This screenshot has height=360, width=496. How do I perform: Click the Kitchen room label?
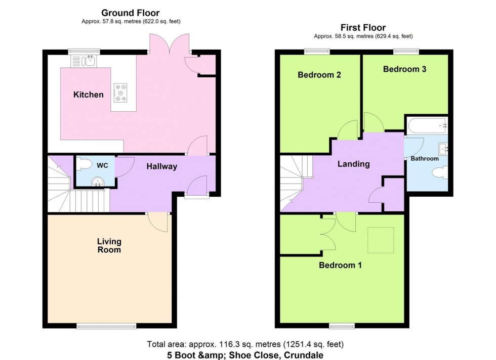[x=89, y=95]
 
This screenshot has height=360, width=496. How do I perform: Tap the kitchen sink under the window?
[x=84, y=61]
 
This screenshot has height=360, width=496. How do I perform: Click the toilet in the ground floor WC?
[x=86, y=164]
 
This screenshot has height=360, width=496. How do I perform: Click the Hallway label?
[x=162, y=166]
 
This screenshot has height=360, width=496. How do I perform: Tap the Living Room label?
[x=109, y=246]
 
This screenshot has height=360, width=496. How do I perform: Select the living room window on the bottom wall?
[x=107, y=326]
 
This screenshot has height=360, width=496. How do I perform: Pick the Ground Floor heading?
[x=131, y=13]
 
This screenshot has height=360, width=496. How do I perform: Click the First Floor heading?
[x=363, y=28]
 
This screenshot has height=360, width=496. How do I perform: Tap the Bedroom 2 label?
[x=319, y=75]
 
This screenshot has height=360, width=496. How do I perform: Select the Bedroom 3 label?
[x=404, y=69]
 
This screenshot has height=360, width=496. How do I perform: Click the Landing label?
[x=354, y=164]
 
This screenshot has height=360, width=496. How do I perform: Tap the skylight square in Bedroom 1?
[x=381, y=241]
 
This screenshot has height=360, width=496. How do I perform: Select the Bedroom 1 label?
[x=340, y=264]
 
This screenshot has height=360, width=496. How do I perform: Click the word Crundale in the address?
[x=304, y=355]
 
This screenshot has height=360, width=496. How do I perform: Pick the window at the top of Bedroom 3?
[x=406, y=50]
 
